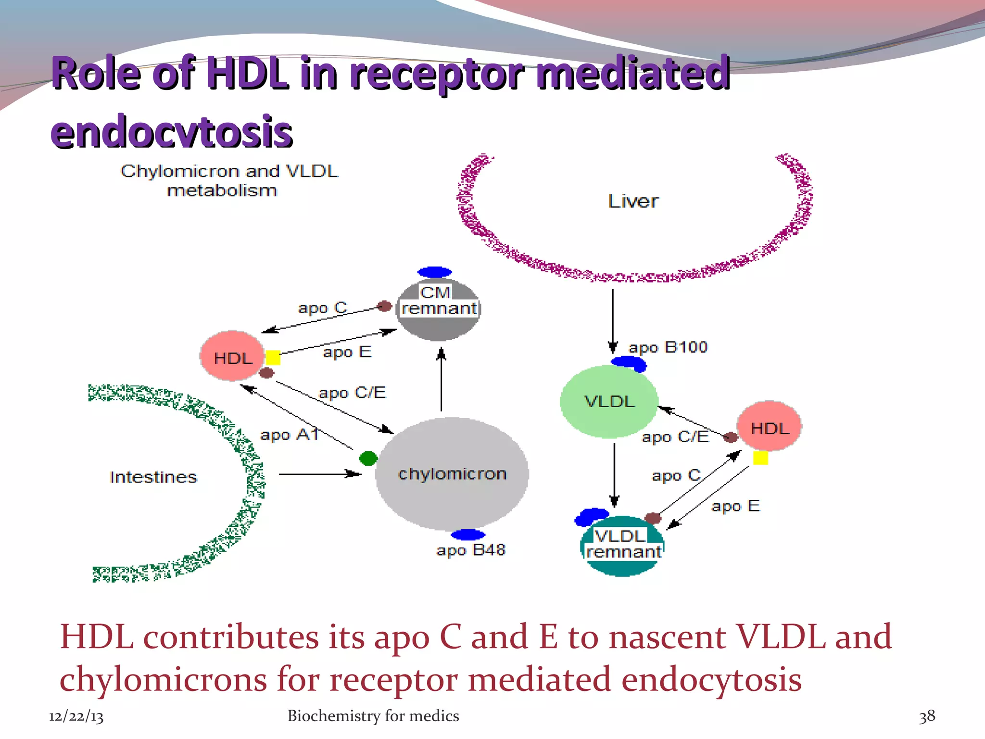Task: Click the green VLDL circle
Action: pyautogui.click(x=609, y=402)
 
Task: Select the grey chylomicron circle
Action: pyautogui.click(x=452, y=474)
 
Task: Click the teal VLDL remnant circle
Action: pyautogui.click(x=622, y=546)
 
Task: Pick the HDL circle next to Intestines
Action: pyautogui.click(x=233, y=357)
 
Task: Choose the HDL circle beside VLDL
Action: pyautogui.click(x=770, y=426)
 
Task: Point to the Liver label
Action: pyautogui.click(x=633, y=201)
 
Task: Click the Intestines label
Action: pyautogui.click(x=153, y=477)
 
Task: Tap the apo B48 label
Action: pyautogui.click(x=471, y=550)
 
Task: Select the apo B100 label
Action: pyautogui.click(x=668, y=347)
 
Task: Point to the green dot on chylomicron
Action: pyautogui.click(x=368, y=458)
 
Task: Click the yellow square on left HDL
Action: pyautogui.click(x=273, y=357)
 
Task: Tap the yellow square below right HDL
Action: pyautogui.click(x=760, y=458)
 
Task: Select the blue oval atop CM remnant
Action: pyautogui.click(x=435, y=272)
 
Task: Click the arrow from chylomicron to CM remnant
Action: pyautogui.click(x=441, y=380)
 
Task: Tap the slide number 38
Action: pyautogui.click(x=927, y=716)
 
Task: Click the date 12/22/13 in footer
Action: pyautogui.click(x=76, y=716)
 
